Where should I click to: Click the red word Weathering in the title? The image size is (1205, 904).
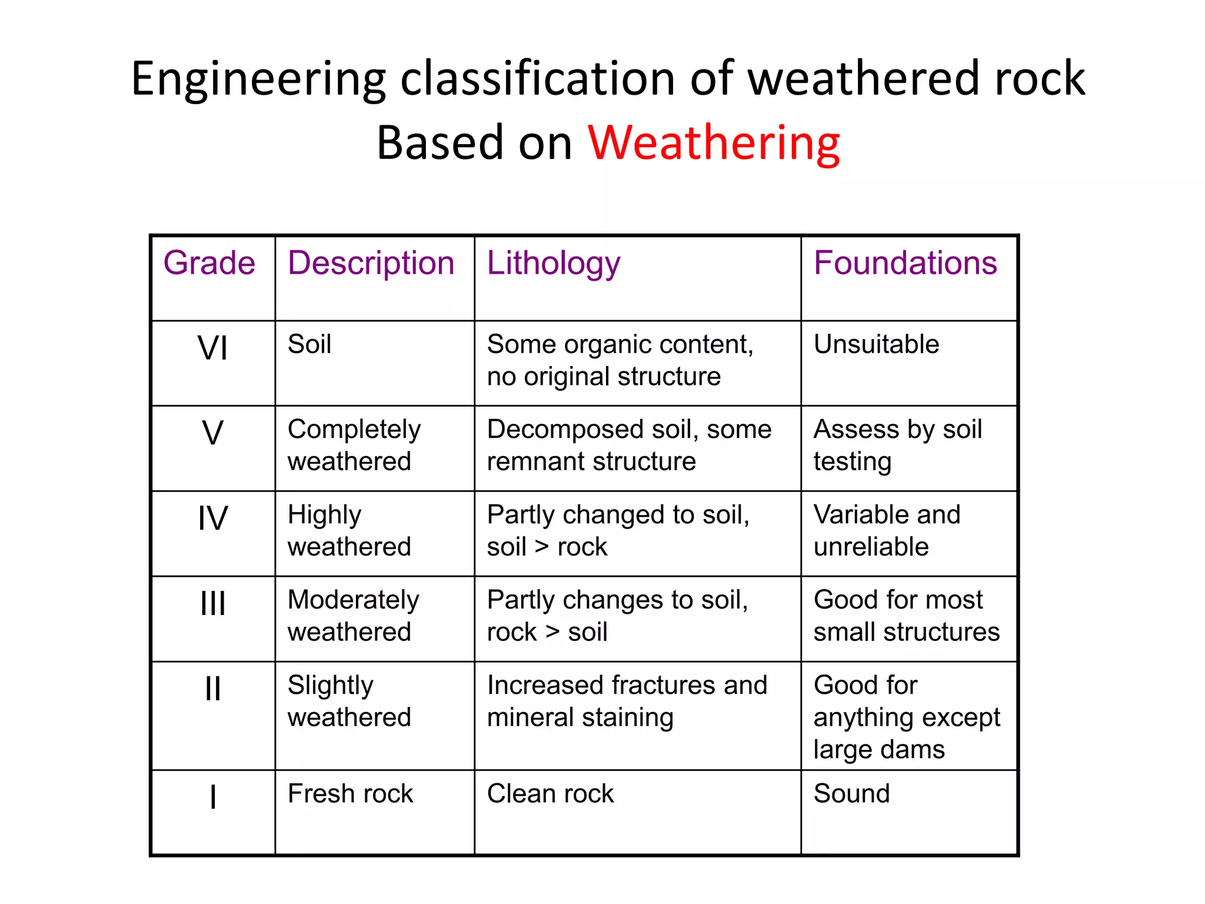coord(714,143)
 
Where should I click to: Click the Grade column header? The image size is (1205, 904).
coord(209,262)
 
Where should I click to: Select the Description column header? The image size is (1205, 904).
coord(371,262)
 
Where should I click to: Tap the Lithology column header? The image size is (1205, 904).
coord(553,262)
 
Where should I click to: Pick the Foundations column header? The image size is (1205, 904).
coord(905,262)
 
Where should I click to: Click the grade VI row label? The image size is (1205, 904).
coord(212,348)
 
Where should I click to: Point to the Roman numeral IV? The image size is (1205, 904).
coord(212,519)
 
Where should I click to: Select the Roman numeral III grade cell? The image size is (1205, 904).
coord(212,603)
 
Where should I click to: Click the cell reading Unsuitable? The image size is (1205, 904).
coord(876,344)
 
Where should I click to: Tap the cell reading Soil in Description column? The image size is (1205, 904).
coord(309,344)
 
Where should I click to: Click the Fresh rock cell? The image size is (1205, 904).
coord(350,793)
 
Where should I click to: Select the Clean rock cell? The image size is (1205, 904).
coord(550,793)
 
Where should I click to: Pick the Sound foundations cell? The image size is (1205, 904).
coord(851,793)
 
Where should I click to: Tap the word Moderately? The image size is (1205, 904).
coord(354,600)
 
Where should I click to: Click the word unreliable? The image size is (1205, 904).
coord(871,547)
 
